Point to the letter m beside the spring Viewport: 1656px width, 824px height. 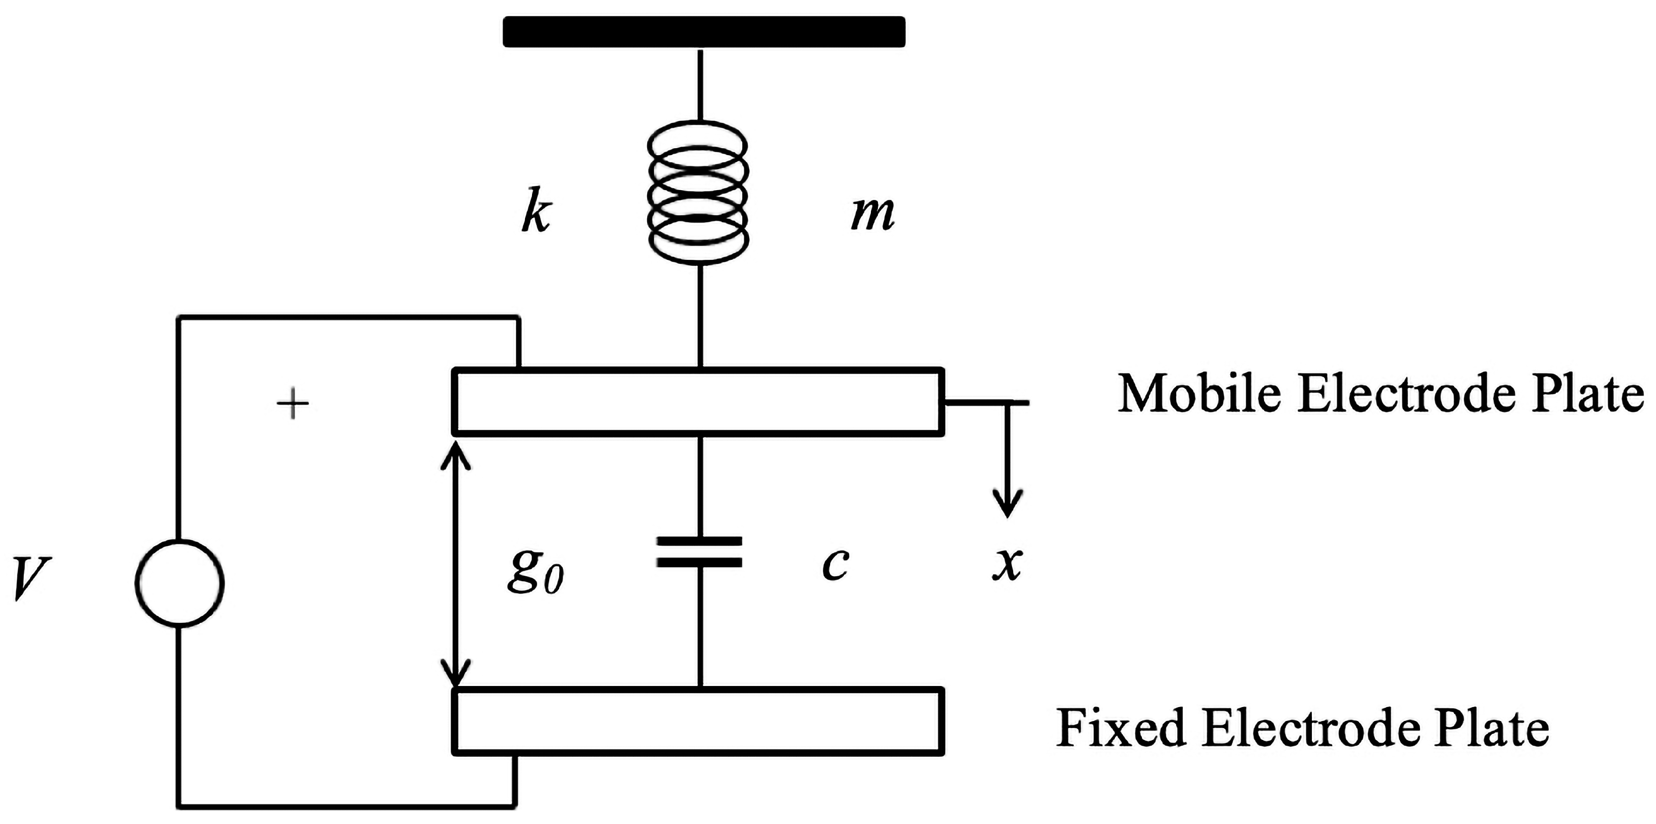tap(872, 214)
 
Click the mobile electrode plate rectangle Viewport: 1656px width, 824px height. tap(699, 401)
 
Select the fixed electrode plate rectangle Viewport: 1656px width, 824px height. tap(699, 721)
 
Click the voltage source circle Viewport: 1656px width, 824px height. tap(180, 583)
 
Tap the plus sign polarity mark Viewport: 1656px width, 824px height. tap(292, 403)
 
